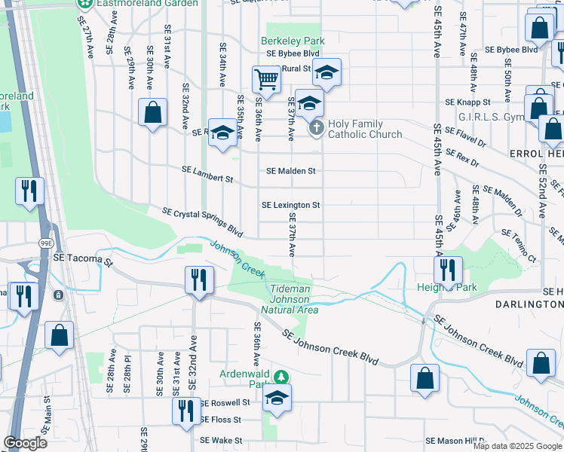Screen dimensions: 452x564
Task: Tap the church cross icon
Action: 317,129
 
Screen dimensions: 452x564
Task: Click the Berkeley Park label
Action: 293,41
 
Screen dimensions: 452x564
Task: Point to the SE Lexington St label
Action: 290,205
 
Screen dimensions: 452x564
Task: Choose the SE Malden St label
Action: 290,171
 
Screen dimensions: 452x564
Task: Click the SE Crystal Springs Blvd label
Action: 203,222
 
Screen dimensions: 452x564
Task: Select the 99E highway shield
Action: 46,243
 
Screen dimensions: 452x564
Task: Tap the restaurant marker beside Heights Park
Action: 448,268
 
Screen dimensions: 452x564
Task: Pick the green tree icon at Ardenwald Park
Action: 280,376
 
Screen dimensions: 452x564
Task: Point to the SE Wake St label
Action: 220,441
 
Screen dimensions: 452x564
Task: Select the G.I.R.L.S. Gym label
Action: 491,118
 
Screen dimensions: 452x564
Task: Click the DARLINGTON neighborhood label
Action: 529,304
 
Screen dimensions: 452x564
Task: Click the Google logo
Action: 25,443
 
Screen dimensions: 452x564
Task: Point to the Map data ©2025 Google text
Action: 517,446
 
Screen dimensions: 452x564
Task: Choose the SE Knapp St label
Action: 467,102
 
